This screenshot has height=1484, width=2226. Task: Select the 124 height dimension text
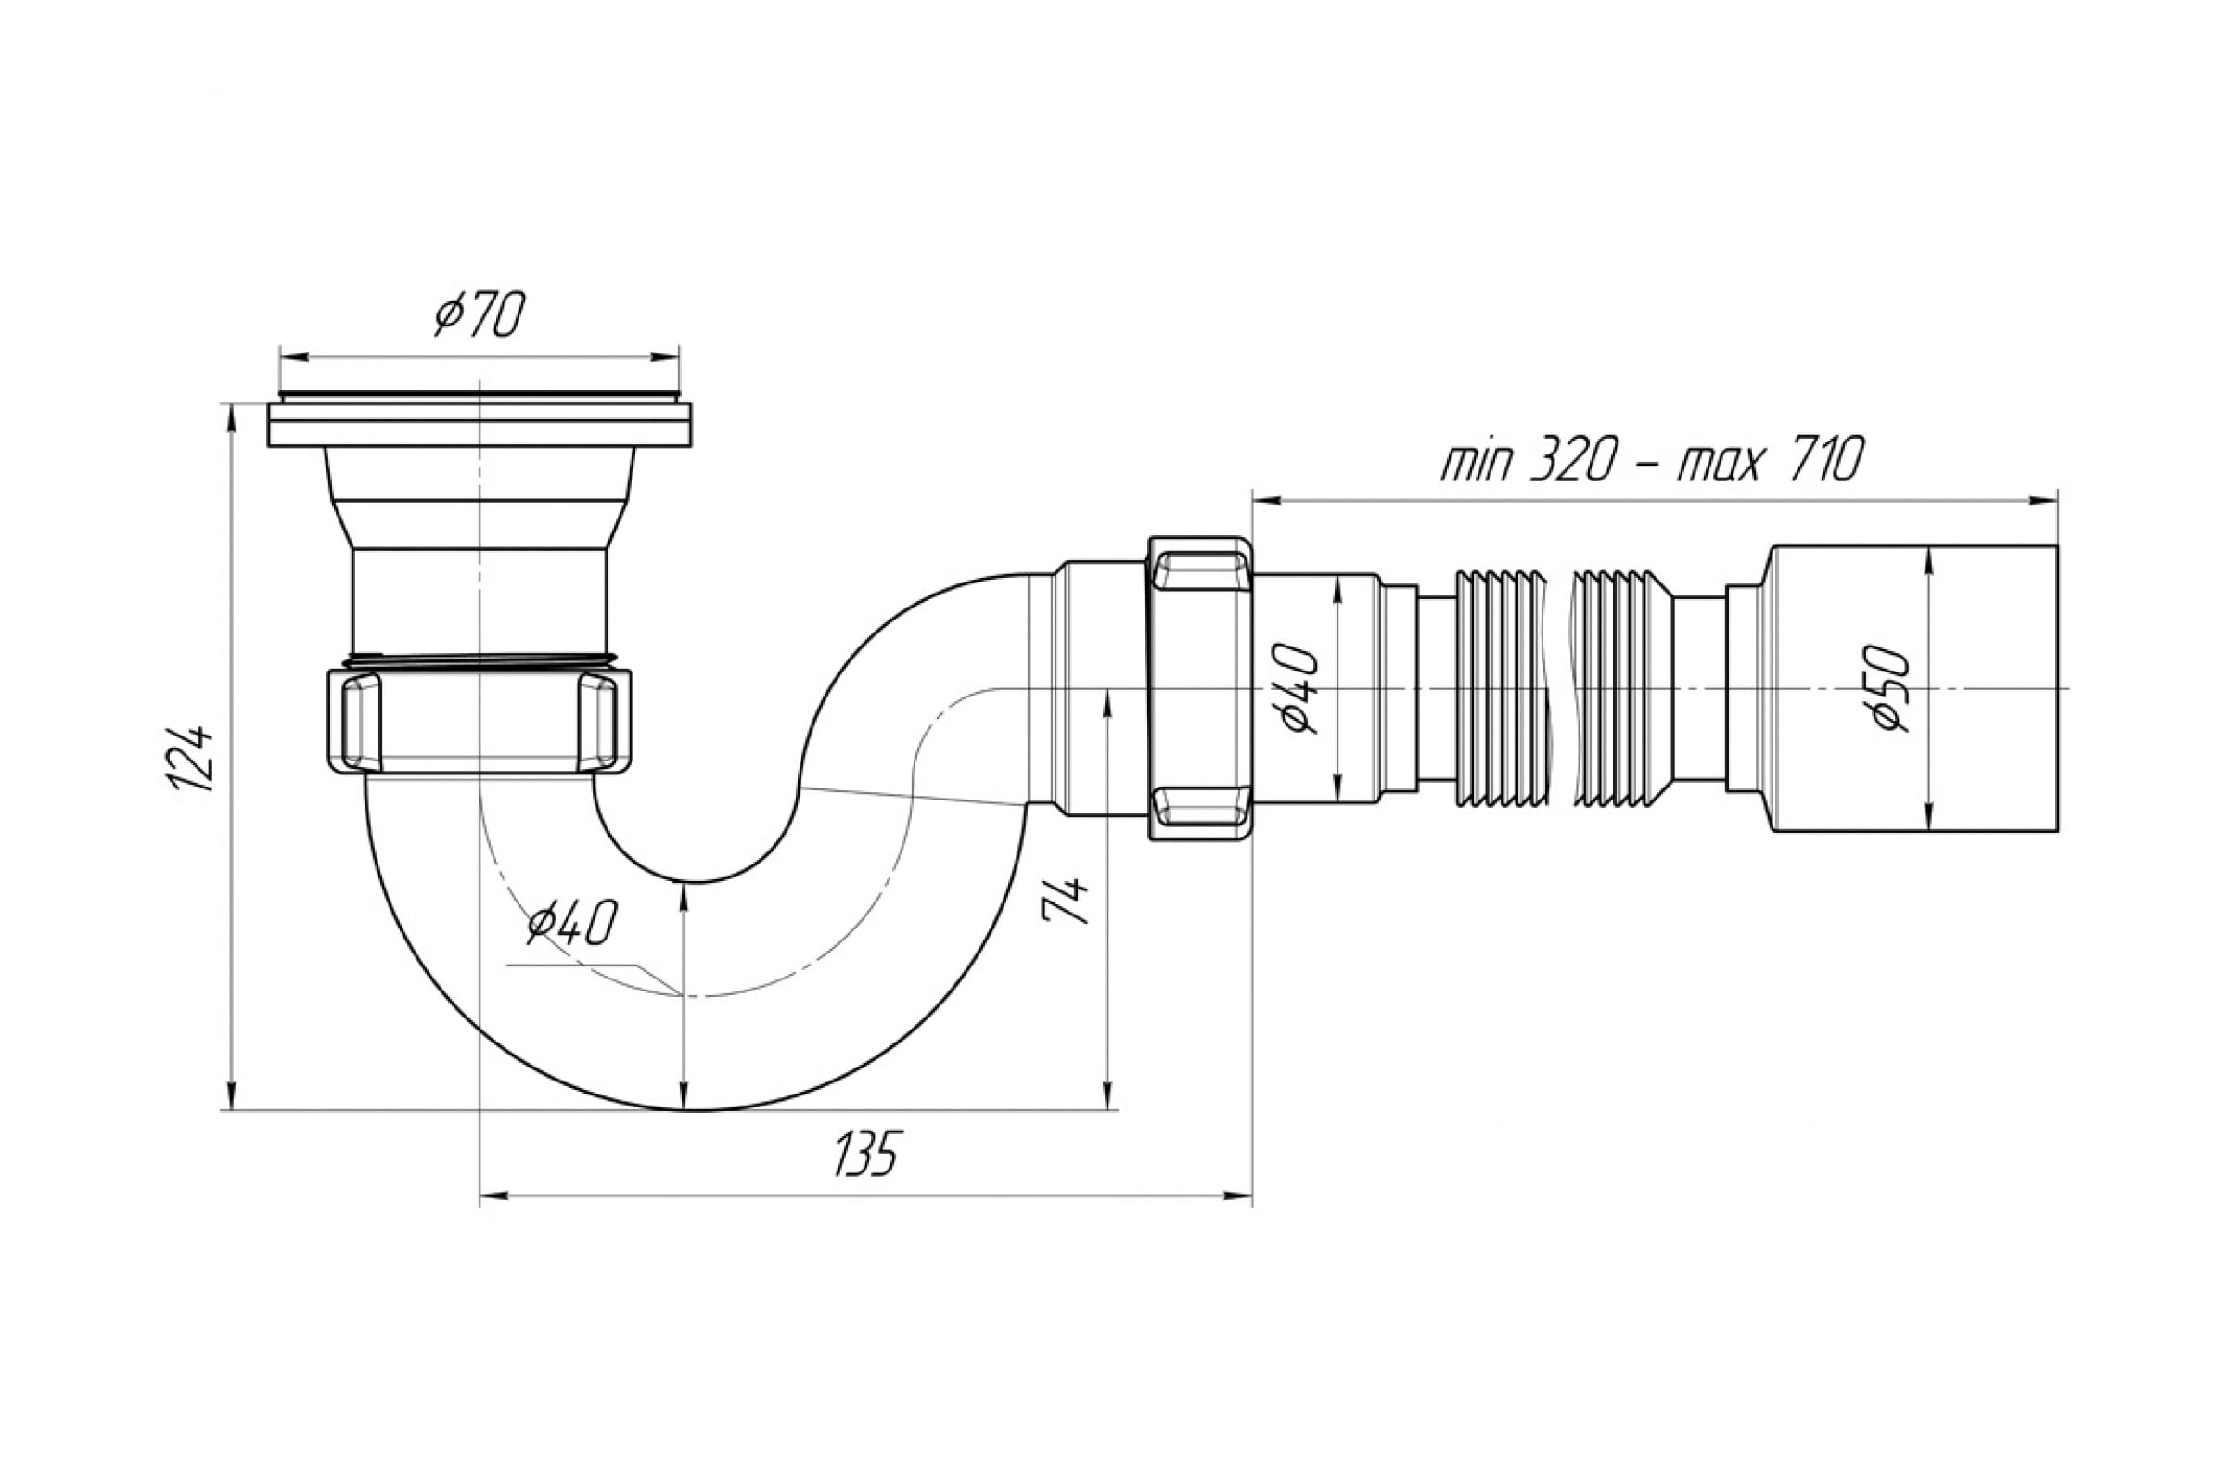tap(189, 758)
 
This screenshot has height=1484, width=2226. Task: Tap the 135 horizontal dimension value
tap(864, 1153)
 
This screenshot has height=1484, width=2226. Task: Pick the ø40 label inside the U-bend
tap(572, 923)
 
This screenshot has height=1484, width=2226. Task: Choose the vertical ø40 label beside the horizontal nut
tap(1297, 688)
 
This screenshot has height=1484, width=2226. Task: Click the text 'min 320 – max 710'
tap(1653, 462)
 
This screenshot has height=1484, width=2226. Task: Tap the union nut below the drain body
tap(479, 723)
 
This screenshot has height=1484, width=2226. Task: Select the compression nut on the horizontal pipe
tap(1200, 689)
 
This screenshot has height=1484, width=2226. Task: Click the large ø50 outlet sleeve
tap(1909, 688)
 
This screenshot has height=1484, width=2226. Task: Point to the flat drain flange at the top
tap(480, 424)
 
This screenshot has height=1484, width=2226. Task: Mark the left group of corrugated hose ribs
tap(1501, 689)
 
